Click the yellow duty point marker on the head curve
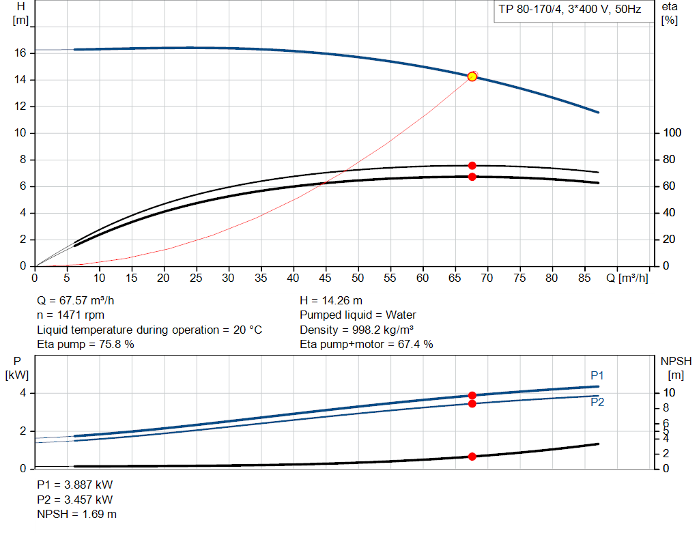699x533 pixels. tap(472, 76)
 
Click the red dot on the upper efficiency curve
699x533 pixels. tap(472, 166)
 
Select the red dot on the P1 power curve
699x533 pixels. tap(472, 396)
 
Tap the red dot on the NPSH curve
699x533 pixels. tap(472, 456)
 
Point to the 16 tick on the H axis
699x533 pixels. tap(20, 53)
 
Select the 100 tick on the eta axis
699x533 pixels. tap(672, 133)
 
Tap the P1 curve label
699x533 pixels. tap(597, 376)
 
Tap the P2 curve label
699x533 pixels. tap(597, 403)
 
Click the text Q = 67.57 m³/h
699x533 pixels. tap(81, 300)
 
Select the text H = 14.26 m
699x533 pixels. tap(331, 300)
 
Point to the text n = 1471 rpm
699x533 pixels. tap(70, 315)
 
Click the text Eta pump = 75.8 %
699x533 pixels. tap(85, 345)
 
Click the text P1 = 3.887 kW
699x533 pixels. tap(74, 485)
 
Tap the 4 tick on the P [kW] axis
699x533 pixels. tap(23, 393)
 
